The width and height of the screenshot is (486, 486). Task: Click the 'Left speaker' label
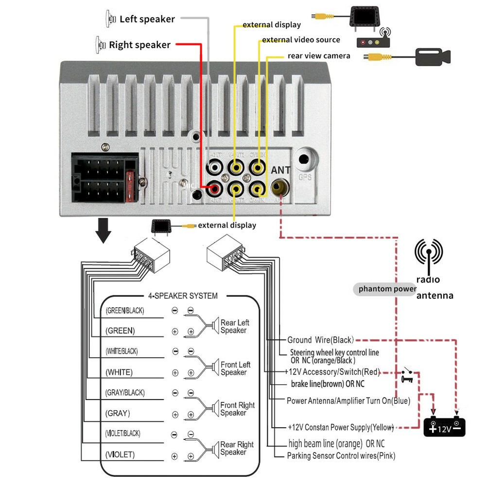coord(147,19)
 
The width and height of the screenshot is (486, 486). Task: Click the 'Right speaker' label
coord(139,45)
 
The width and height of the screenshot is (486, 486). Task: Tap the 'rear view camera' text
coord(319,56)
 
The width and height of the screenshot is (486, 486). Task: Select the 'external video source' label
coord(301,40)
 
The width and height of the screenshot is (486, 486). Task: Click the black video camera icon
coord(433,56)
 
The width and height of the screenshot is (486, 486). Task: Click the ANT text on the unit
coord(280,171)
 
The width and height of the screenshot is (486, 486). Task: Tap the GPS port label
coord(305,177)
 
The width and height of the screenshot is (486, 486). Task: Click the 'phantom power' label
coord(387,289)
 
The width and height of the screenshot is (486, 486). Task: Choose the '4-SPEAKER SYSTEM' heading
coord(183,295)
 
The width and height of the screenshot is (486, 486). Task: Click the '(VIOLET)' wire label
coord(120,455)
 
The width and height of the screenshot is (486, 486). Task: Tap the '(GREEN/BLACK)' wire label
coord(125,310)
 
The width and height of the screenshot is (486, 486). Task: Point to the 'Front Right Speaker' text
coord(237,409)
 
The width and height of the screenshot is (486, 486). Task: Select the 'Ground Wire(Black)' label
coord(320,340)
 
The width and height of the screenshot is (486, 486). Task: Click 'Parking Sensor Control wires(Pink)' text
coord(341,456)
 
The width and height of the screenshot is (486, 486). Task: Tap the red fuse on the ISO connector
coord(130,187)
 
